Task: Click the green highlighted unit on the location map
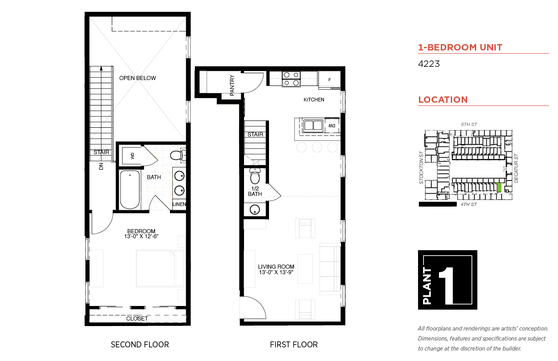click(499, 187)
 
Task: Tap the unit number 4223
click(428, 64)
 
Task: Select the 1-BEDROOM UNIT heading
click(460, 47)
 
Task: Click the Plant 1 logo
click(448, 280)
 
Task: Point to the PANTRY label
click(232, 85)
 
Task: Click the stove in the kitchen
click(291, 79)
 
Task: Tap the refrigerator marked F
click(329, 80)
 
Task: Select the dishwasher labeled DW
click(332, 125)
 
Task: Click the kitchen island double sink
click(313, 125)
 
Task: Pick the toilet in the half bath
click(255, 175)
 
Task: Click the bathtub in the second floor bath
click(130, 190)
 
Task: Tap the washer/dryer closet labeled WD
click(132, 155)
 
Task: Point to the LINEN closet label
click(179, 204)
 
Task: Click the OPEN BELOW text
click(138, 78)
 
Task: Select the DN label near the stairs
click(101, 166)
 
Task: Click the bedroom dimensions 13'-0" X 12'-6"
click(141, 236)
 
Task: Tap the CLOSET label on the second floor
click(137, 318)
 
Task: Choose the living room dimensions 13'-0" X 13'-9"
click(276, 272)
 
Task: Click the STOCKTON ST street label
click(421, 168)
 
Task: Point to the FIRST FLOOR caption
click(294, 345)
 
